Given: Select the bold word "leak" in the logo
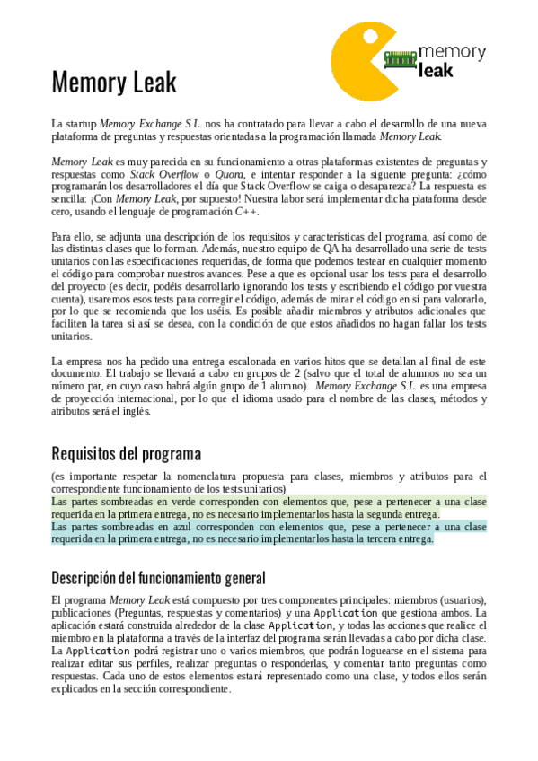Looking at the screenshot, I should coord(437,70).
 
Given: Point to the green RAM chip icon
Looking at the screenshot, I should coord(401,58).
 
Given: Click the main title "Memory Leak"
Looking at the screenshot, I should coord(114,83).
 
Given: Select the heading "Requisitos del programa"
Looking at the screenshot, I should coord(126,452).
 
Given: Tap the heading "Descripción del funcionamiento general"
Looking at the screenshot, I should coord(158,578).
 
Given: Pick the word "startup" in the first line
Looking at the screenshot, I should coord(80,123).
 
